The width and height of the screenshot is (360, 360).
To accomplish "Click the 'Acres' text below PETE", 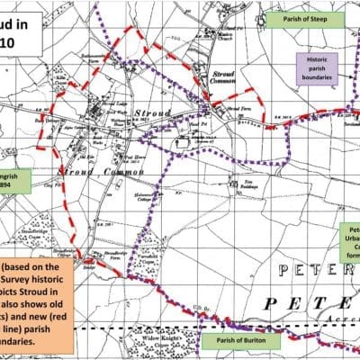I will [x=344, y=319].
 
